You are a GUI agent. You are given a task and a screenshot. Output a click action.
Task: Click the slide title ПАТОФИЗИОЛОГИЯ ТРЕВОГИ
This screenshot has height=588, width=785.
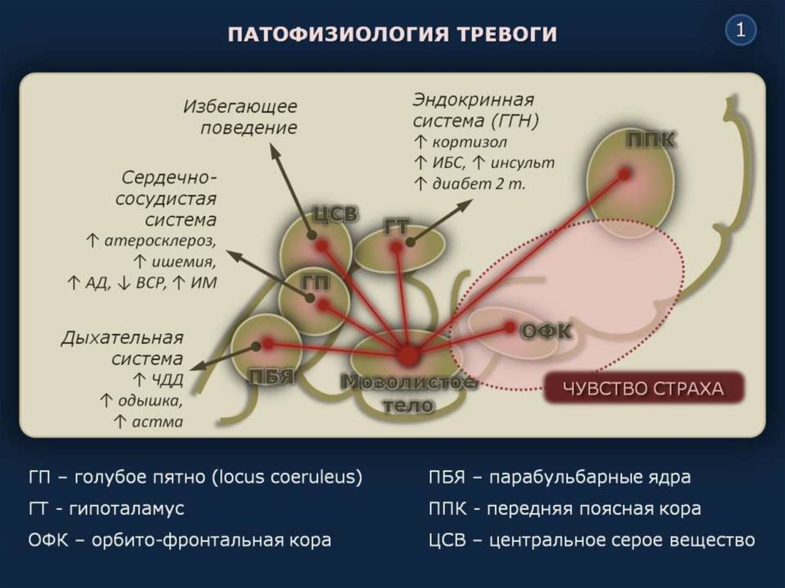coord(392,35)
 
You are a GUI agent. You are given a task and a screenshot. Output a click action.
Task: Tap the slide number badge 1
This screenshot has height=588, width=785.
coord(741,31)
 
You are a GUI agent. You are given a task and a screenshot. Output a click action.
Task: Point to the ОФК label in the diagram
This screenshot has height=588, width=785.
coord(547,330)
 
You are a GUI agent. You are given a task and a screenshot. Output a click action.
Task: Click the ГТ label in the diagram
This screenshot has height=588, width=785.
coord(397,225)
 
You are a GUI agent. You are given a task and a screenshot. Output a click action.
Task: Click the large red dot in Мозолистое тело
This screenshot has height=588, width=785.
coord(408,356)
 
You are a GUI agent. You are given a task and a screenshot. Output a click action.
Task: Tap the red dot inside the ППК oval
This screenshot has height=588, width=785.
coord(626,174)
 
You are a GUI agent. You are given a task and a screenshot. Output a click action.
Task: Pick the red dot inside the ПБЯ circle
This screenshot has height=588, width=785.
coord(268,343)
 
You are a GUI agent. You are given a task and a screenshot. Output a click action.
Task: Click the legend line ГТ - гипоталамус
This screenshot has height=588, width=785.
coord(107,508)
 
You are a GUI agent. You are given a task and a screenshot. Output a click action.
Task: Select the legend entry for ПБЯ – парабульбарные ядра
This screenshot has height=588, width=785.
coord(560,477)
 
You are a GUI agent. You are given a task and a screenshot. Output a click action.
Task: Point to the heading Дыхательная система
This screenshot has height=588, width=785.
coord(123,347)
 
